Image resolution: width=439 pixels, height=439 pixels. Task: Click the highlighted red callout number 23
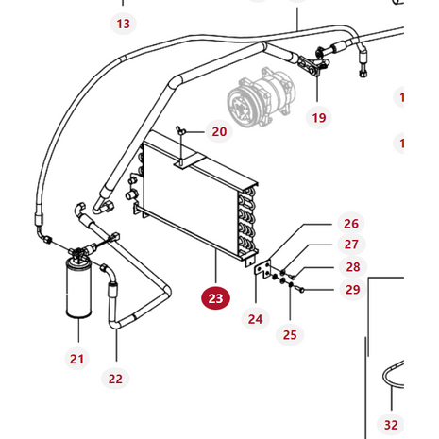(216, 298)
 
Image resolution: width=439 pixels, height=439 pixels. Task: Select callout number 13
(124, 22)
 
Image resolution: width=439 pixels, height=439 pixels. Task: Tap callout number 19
(318, 118)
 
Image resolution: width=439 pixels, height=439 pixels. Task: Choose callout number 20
(219, 132)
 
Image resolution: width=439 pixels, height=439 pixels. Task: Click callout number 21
(76, 358)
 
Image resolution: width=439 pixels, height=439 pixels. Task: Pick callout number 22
(116, 379)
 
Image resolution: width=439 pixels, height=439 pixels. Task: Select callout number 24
(255, 318)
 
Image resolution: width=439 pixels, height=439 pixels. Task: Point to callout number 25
(290, 334)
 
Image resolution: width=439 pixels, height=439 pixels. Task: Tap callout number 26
(351, 224)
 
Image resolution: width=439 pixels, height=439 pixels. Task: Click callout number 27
(351, 245)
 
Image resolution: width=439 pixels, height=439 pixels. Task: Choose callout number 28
(351, 267)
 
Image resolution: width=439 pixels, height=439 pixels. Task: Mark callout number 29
(351, 289)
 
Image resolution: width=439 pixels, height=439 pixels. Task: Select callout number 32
(391, 424)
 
